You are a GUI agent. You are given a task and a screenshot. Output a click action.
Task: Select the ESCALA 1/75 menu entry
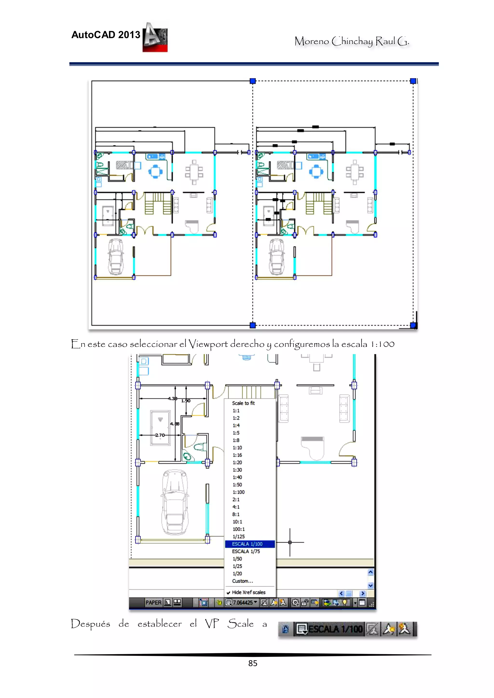tap(246, 551)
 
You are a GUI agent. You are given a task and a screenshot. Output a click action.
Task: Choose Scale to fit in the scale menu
tap(243, 403)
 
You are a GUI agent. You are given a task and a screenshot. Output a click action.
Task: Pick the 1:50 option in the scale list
tap(237, 485)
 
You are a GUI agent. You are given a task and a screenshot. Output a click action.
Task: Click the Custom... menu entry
tap(242, 581)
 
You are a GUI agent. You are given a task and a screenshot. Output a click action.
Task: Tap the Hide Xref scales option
tap(248, 592)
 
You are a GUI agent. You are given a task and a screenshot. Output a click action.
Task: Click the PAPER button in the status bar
tap(153, 603)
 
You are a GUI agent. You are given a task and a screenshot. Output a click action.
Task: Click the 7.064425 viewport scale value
tap(243, 603)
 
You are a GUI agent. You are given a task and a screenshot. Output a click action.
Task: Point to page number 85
tap(253, 663)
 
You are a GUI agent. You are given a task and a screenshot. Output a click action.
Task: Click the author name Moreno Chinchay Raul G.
tap(351, 41)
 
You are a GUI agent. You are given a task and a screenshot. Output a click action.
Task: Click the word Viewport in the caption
tap(208, 344)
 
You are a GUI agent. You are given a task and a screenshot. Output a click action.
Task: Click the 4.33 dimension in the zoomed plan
tap(172, 398)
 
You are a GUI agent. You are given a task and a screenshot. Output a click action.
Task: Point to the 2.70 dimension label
tap(160, 435)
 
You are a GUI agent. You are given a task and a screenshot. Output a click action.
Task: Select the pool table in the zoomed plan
tap(160, 428)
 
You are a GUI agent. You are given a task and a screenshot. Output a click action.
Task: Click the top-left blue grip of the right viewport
tap(253, 81)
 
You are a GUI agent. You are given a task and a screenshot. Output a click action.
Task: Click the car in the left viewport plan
tap(116, 257)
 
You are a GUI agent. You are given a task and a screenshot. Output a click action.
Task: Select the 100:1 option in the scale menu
tap(239, 529)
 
